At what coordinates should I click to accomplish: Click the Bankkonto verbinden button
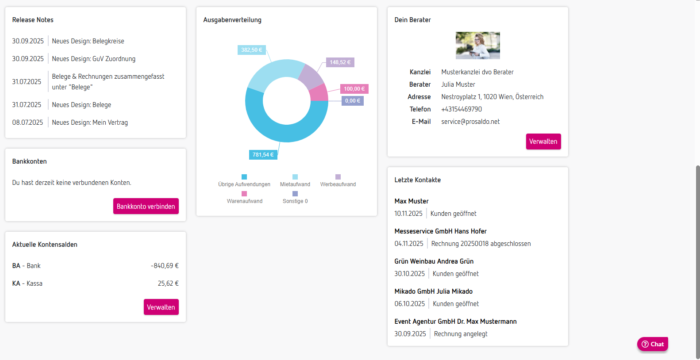(x=146, y=207)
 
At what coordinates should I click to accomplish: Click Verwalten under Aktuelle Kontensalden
(x=161, y=307)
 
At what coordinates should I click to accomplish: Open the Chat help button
(x=653, y=344)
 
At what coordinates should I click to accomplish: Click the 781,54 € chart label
(x=263, y=155)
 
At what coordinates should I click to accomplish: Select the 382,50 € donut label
(x=251, y=50)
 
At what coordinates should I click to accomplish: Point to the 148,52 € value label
(x=340, y=62)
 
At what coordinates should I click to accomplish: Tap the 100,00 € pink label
(x=354, y=89)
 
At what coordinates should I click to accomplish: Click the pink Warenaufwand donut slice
(x=319, y=93)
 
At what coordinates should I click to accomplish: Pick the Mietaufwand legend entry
(x=295, y=181)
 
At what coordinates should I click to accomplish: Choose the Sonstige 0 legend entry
(x=295, y=198)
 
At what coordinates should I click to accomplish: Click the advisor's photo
(x=477, y=46)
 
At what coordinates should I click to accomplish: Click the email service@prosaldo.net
(x=470, y=122)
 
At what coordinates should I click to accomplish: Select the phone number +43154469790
(x=462, y=109)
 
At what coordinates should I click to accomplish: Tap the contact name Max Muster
(x=412, y=201)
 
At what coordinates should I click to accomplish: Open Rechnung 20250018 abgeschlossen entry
(x=481, y=244)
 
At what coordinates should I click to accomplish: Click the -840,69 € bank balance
(x=165, y=266)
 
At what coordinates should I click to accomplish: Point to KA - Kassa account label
(x=27, y=283)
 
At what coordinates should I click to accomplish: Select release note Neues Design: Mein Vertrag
(x=90, y=123)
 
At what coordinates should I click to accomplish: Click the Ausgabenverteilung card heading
(x=232, y=20)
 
